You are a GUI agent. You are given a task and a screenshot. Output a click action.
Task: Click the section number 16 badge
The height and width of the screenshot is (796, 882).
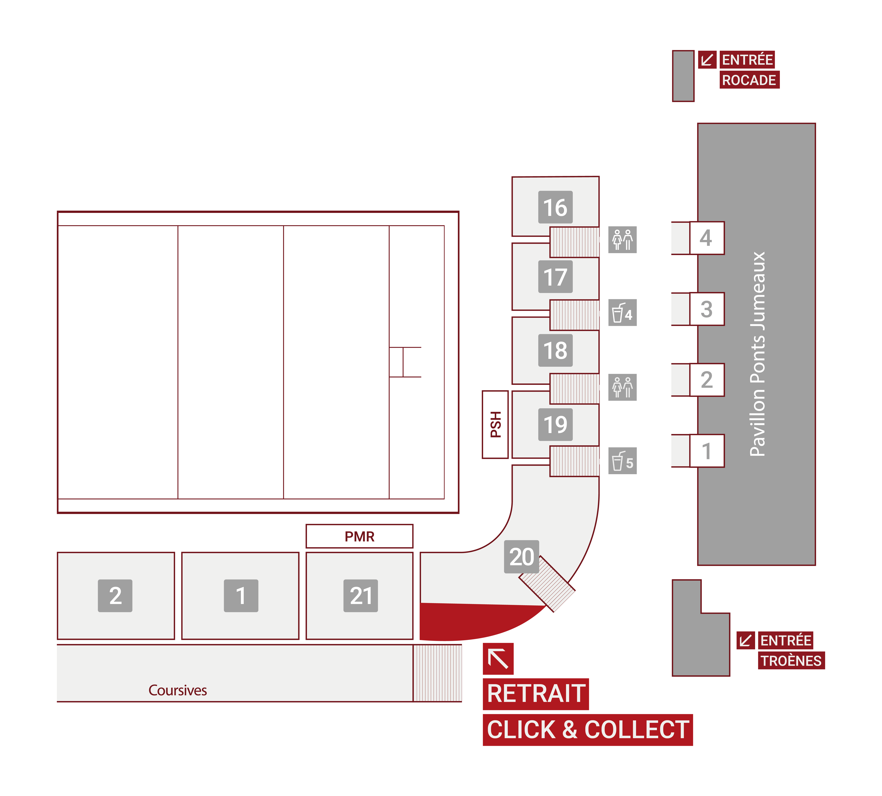point(555,207)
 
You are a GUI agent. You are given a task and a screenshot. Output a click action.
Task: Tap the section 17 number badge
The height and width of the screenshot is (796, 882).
point(555,277)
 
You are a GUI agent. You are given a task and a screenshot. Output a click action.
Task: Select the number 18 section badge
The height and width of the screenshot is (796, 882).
point(555,350)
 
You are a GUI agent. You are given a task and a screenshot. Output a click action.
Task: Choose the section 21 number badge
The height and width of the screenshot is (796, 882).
point(360,596)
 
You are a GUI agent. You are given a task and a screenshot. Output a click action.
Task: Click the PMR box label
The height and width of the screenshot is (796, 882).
point(359,536)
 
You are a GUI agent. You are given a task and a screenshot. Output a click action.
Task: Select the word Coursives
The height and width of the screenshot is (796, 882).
point(178,690)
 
